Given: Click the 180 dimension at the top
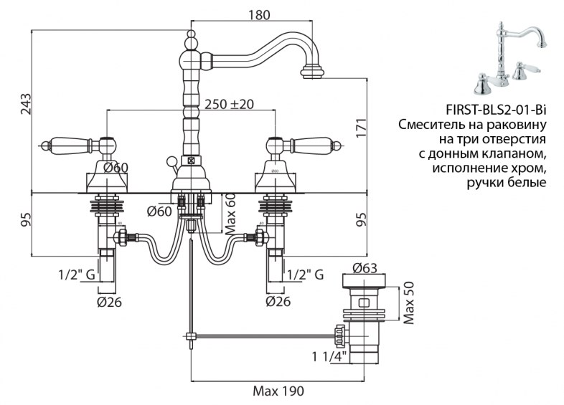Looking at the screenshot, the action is tap(259, 15).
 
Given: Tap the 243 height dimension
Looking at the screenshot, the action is tap(26, 104).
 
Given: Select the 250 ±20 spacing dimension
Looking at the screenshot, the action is tap(229, 104).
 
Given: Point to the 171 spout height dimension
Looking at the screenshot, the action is tap(362, 126).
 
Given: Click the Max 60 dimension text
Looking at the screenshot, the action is tap(230, 214).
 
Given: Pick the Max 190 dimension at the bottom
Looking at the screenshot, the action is tap(278, 391).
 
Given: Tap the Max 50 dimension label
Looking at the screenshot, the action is tap(409, 303).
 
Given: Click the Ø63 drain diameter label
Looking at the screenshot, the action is tap(365, 267).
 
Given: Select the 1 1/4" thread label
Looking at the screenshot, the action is tap(329, 356).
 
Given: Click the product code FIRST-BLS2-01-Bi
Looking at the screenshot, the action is tap(496, 110).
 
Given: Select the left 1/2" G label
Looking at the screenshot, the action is tap(77, 275).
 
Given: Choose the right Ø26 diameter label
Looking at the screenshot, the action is tap(278, 302).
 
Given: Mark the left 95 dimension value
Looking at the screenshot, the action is tap(26, 219).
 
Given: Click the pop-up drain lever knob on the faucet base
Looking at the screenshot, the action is tap(170, 161).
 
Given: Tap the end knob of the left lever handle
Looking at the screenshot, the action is tap(44, 146).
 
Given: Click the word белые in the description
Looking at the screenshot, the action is tap(527, 183).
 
